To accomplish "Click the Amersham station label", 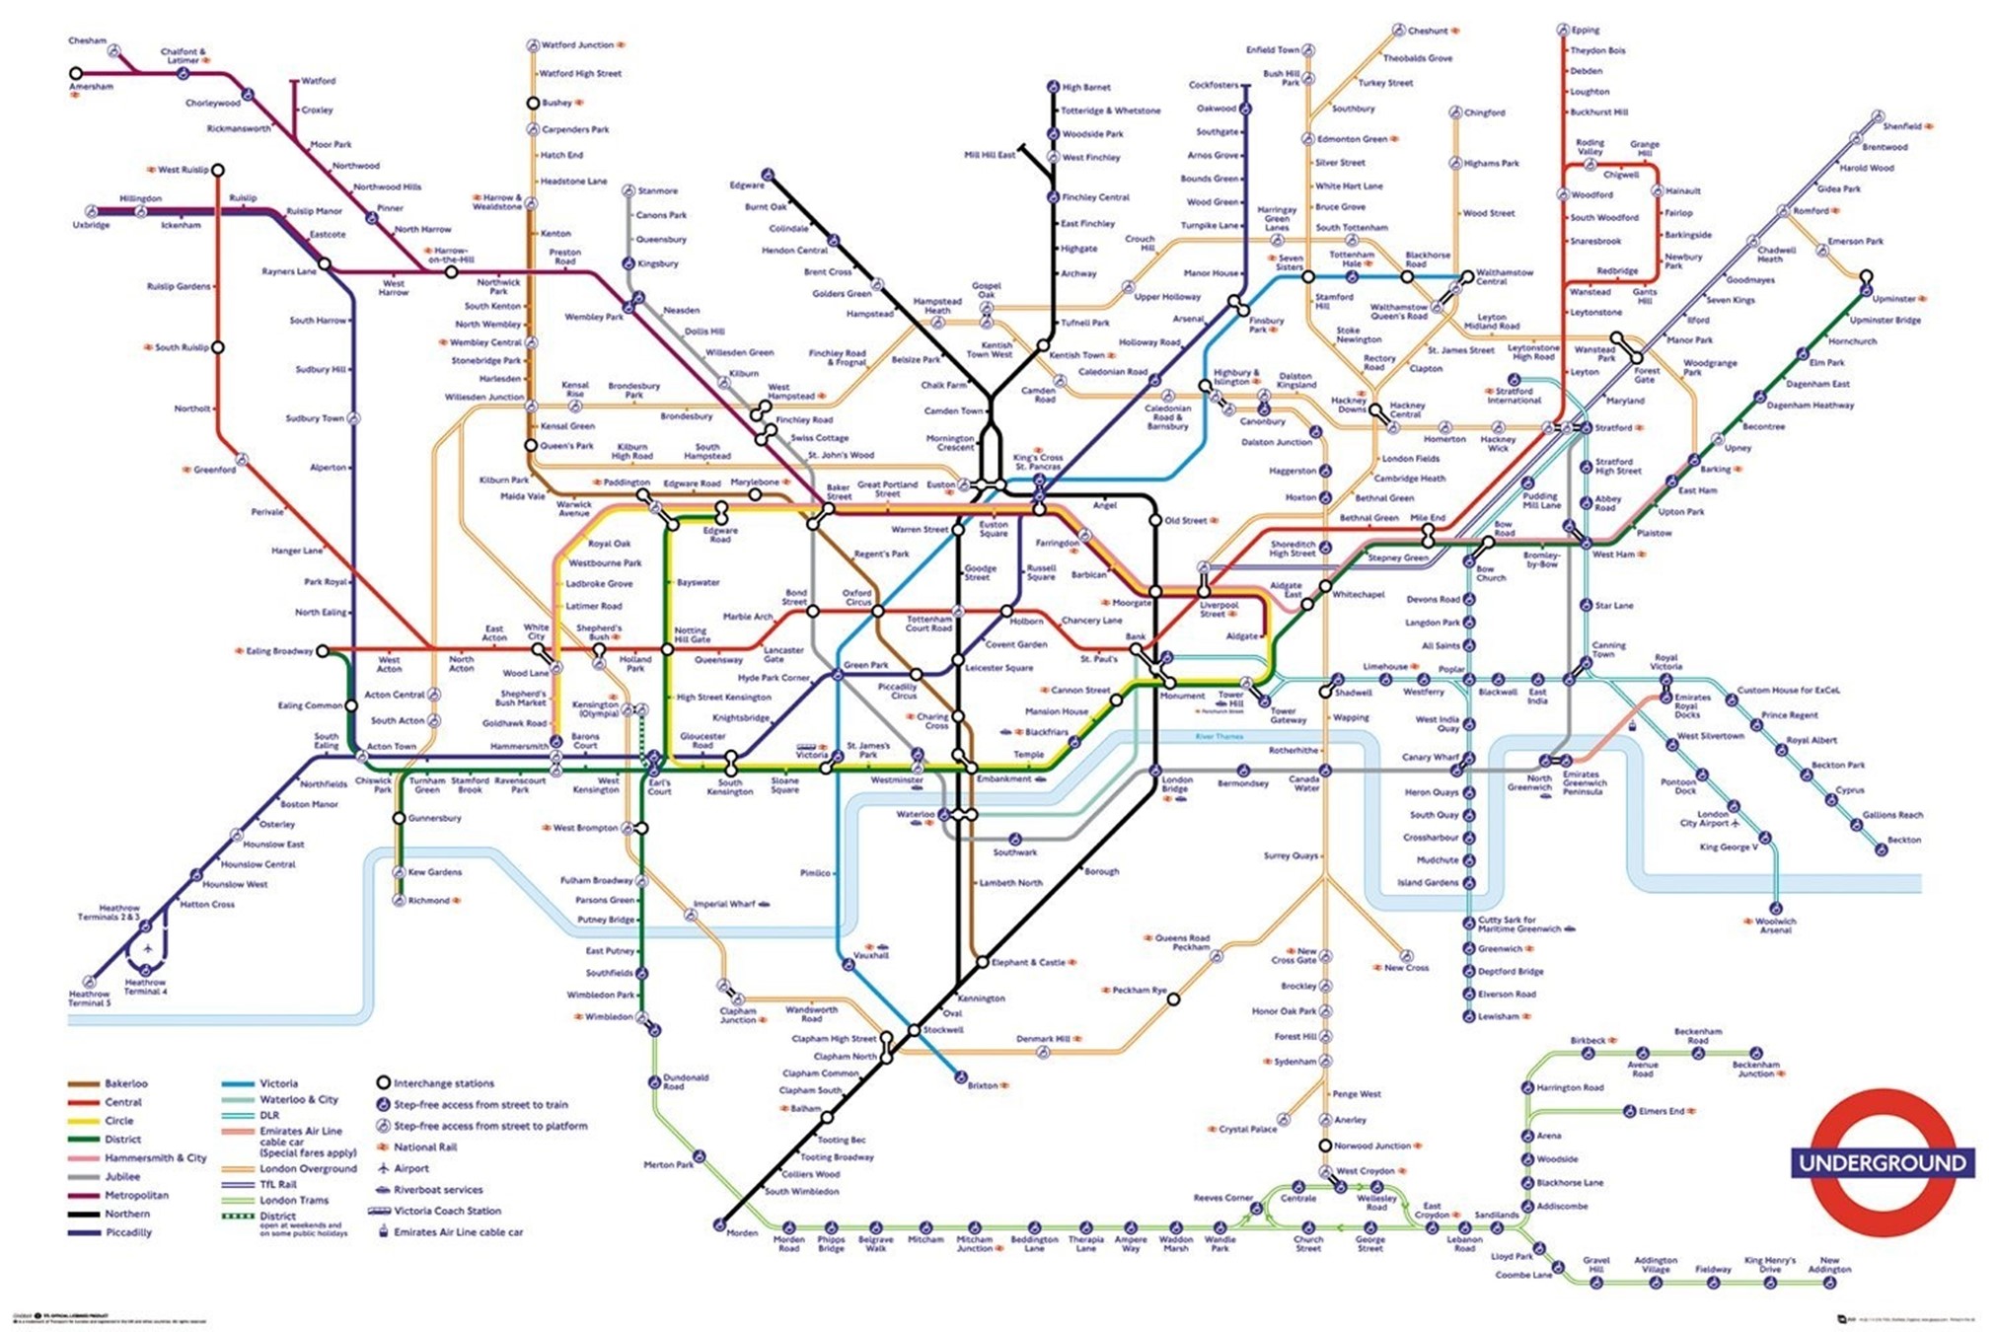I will (x=91, y=87).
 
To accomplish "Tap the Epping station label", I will (x=1586, y=30).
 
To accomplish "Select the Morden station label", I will (x=742, y=1232).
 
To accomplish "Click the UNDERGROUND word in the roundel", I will (x=1883, y=1162).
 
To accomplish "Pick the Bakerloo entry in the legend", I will (x=125, y=1083).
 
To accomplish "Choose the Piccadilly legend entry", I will (x=128, y=1232).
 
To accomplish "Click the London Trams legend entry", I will (x=294, y=1200).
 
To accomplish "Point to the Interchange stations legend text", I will (x=443, y=1083).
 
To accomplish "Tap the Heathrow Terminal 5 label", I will (x=89, y=999).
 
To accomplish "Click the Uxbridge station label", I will (x=91, y=225).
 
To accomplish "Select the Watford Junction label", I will (x=577, y=44).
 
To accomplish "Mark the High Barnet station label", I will (x=1085, y=87).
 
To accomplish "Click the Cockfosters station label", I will (x=1213, y=85).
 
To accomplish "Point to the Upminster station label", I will (x=1893, y=298).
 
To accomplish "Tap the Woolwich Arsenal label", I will (x=1775, y=925).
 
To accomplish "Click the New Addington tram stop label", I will (x=1829, y=1265).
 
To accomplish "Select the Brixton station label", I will (x=982, y=1085).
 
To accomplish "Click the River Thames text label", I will (x=1219, y=737).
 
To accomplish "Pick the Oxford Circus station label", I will (x=856, y=597).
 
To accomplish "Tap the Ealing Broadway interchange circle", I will (x=323, y=651).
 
